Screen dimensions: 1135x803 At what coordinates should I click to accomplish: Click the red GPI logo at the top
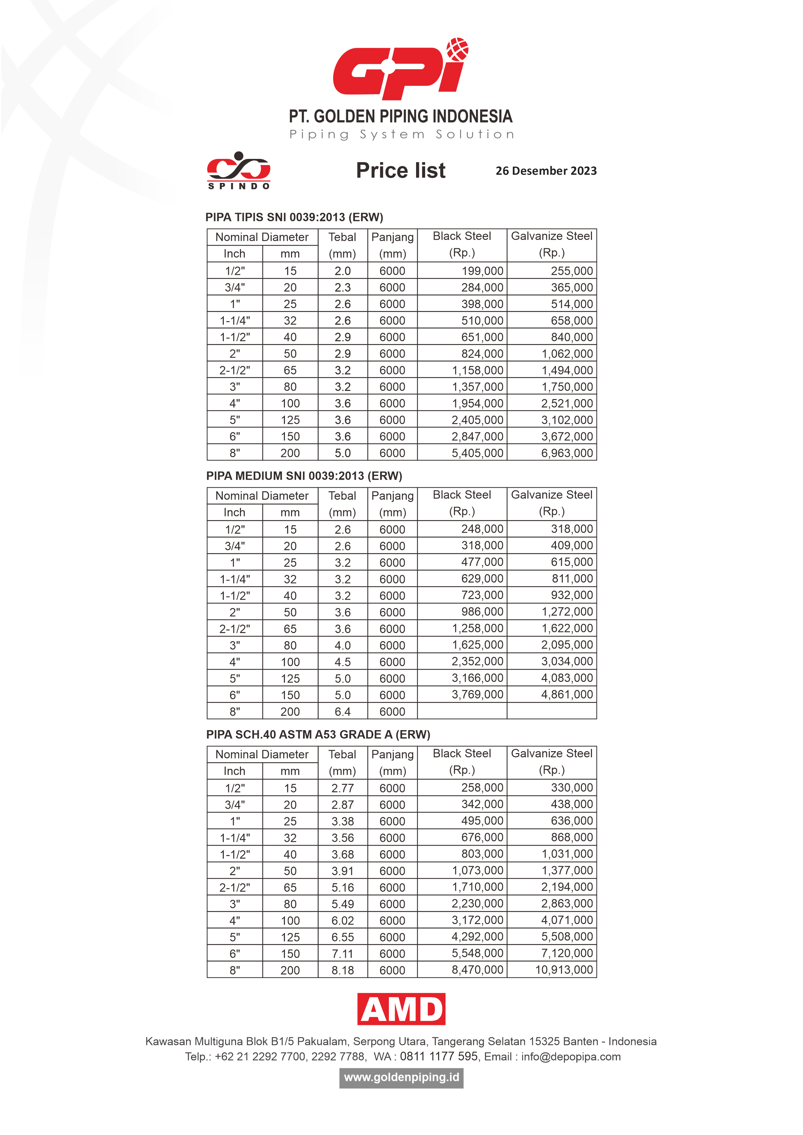point(401,69)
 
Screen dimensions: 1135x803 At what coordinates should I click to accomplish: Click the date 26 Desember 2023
point(546,171)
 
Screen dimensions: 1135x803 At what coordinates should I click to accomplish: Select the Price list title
point(401,171)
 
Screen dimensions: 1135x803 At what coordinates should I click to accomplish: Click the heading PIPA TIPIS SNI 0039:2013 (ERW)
point(294,217)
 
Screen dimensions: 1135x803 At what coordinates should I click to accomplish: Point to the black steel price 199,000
point(482,271)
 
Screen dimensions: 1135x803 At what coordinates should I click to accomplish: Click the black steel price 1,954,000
point(477,403)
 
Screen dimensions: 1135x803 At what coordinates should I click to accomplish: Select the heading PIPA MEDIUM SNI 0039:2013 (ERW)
point(304,476)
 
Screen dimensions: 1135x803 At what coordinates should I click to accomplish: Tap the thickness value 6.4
point(343,712)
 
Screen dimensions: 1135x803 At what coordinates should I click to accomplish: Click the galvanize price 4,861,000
point(567,695)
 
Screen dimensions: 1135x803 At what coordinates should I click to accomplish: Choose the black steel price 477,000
point(482,562)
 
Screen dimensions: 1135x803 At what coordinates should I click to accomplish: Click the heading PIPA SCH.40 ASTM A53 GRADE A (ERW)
point(318,735)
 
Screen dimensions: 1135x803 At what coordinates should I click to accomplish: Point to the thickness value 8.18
point(343,970)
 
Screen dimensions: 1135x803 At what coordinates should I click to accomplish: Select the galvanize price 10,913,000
point(564,970)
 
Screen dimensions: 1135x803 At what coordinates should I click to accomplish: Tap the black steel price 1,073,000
point(477,871)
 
